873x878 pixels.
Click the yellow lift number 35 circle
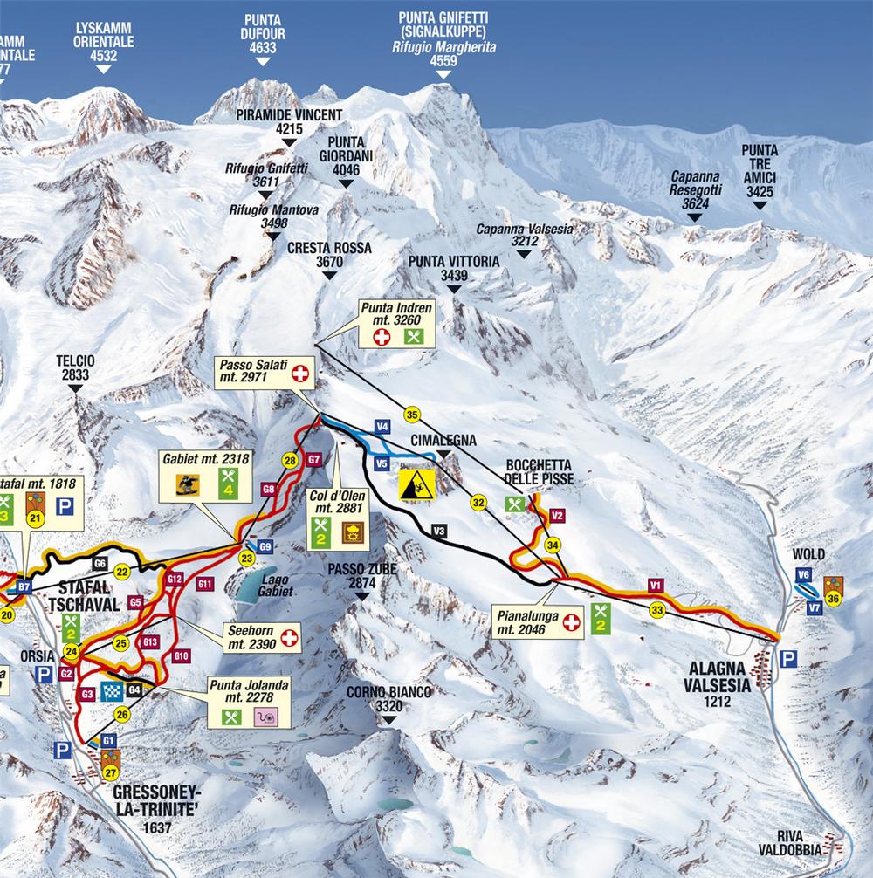(412, 414)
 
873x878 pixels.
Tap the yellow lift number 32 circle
(478, 502)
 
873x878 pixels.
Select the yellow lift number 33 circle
(657, 610)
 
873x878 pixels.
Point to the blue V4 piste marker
(381, 426)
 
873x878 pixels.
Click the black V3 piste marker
(439, 530)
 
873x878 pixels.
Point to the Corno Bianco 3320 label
(388, 698)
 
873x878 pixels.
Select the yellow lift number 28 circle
(290, 459)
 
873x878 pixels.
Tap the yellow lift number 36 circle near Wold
(834, 599)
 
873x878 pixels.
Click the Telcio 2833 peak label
(75, 367)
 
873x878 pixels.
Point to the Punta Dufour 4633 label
(263, 36)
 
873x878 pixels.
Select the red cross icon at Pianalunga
(571, 622)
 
